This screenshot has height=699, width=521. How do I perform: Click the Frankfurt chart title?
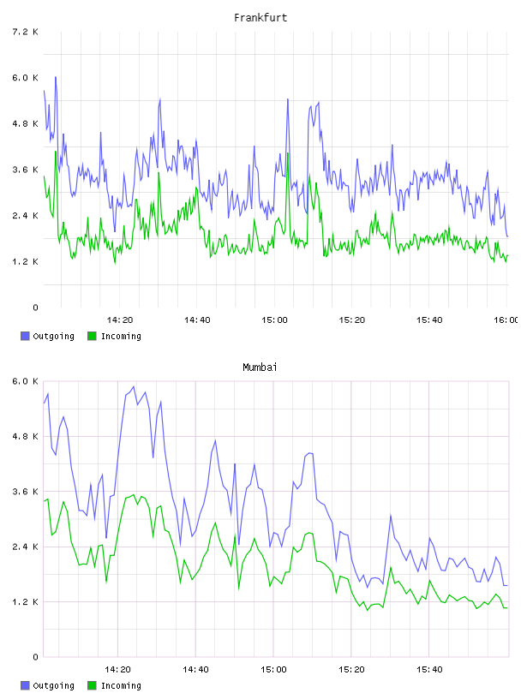tap(260, 18)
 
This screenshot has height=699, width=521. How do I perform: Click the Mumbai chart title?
tap(260, 367)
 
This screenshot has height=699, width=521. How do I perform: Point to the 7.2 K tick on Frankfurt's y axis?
tap(25, 32)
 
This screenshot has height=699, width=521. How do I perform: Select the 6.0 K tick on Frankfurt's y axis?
tap(25, 78)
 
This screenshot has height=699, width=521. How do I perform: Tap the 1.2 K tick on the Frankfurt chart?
tap(25, 261)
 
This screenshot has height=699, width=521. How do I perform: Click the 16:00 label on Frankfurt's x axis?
tap(506, 320)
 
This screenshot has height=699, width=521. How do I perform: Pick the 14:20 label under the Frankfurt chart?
tap(120, 320)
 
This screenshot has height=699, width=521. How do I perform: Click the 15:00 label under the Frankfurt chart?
tap(274, 320)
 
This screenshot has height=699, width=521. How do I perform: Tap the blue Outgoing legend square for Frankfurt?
tap(25, 336)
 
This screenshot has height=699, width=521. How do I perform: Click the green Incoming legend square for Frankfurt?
tap(92, 336)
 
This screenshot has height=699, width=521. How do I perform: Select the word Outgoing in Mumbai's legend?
tap(53, 685)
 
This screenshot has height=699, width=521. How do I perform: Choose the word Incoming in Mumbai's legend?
tap(121, 685)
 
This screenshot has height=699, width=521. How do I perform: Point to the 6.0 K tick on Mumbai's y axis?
tap(25, 381)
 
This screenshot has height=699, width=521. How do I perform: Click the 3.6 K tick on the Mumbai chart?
tap(25, 491)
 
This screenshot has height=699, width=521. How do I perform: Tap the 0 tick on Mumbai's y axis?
tap(35, 657)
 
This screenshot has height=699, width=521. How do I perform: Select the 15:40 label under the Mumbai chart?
tap(429, 669)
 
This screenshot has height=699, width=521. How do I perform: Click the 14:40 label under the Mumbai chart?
tap(195, 669)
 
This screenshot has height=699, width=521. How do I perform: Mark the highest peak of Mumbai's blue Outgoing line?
tap(134, 386)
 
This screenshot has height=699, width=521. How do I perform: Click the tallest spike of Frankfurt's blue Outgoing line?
tap(56, 77)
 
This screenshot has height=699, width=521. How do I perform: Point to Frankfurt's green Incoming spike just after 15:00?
tap(288, 153)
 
